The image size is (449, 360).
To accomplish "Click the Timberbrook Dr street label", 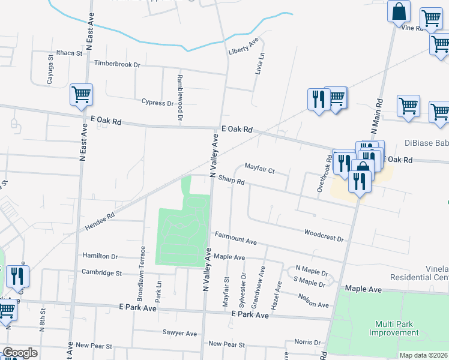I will (x=116, y=64).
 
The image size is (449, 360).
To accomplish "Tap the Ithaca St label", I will (x=69, y=53).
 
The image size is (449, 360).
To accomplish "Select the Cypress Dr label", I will (x=157, y=103).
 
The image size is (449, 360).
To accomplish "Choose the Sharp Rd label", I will (x=231, y=180).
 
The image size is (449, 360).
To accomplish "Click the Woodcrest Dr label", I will (x=324, y=235).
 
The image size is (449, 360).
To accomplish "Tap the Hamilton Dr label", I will (x=100, y=256).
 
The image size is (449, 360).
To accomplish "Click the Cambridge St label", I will (x=101, y=272).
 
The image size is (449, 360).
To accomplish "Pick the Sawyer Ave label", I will (x=179, y=333).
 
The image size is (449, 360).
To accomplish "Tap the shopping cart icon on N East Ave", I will (x=81, y=95).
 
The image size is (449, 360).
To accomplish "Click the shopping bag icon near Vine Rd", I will (x=399, y=11).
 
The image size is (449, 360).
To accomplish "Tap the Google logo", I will (x=20, y=353).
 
